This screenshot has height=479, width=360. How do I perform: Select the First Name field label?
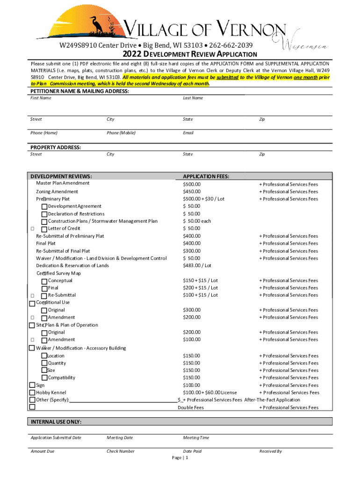(41, 98)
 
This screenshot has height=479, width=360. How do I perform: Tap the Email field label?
(188, 133)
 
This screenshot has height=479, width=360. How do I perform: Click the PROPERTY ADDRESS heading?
(56, 147)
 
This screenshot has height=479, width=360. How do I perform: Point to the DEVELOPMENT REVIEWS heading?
(61, 176)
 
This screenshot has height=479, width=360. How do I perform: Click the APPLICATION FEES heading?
(206, 176)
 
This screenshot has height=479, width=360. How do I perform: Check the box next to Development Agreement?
(44, 207)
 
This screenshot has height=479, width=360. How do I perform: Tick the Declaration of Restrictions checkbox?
(44, 214)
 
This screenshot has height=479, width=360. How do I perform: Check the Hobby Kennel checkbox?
(32, 392)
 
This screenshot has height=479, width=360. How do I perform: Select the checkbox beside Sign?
(32, 385)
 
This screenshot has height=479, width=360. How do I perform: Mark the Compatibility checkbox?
(44, 377)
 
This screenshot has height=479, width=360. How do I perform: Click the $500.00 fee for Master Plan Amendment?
(192, 184)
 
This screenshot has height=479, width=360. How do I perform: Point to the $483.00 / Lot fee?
(197, 266)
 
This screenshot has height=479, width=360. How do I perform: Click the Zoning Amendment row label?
(57, 192)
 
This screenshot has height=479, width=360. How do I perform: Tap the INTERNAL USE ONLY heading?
(56, 422)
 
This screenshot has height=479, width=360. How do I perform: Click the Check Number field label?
(120, 451)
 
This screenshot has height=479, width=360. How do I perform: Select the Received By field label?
(271, 451)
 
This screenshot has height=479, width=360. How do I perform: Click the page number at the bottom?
(180, 458)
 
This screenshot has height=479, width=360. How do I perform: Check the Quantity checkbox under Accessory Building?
(44, 363)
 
